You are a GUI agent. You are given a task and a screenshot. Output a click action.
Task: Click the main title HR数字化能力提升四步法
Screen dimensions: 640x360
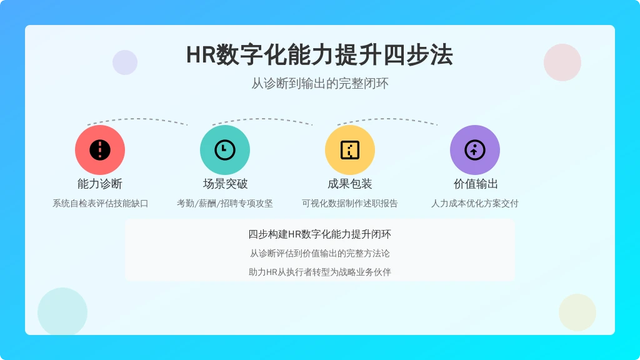[x=319, y=55]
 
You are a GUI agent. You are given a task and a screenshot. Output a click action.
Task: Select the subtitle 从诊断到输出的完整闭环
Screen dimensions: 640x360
[x=319, y=83]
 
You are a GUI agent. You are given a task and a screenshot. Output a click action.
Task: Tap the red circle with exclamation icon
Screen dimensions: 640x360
[x=100, y=150]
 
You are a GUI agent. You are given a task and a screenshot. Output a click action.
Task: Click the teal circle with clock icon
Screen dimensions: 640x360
[x=225, y=150]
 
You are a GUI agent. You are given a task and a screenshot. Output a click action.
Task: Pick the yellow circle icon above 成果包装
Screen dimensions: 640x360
[x=350, y=150]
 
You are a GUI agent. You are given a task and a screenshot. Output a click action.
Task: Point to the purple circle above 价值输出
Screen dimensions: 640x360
[x=475, y=150]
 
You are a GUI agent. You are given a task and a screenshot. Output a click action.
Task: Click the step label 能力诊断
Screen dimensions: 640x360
[x=100, y=184]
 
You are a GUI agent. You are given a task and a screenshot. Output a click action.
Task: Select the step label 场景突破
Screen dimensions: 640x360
[x=225, y=184]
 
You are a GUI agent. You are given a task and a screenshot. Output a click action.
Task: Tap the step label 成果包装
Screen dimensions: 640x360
[x=350, y=184]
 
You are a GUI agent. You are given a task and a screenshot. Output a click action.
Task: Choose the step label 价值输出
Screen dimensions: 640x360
[x=476, y=184]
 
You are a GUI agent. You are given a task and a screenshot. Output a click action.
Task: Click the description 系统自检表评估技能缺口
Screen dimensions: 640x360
[x=100, y=203]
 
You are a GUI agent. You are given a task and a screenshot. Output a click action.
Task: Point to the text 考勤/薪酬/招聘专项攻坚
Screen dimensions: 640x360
[x=225, y=203]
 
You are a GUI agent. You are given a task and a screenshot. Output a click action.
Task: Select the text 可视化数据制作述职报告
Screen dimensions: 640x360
[x=350, y=203]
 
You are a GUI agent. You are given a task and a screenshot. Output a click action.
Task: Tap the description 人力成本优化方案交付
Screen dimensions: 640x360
[x=475, y=203]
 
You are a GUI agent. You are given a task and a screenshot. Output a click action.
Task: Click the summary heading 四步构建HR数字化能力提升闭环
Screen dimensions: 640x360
[x=319, y=234]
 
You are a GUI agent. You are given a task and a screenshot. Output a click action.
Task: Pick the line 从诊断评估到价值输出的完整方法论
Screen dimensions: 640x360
[x=319, y=254]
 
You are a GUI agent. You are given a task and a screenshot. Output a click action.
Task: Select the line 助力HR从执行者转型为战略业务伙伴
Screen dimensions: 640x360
[x=319, y=272]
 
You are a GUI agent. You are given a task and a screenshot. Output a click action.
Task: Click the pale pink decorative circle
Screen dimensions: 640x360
[x=562, y=62]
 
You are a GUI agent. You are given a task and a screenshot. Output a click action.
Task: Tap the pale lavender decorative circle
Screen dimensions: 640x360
[x=125, y=62]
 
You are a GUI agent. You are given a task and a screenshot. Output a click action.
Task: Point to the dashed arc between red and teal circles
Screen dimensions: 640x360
[x=137, y=119]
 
